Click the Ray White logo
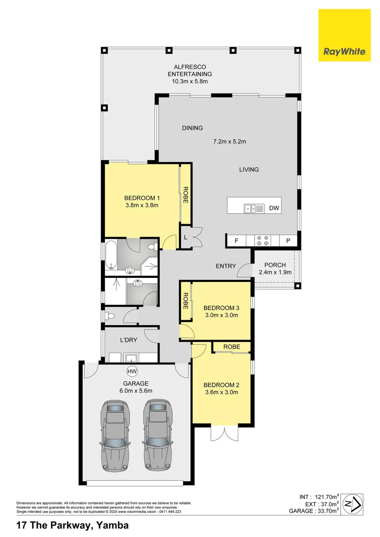point(344,35)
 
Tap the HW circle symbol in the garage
point(132,371)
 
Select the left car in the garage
point(115,436)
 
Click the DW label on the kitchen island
point(274,209)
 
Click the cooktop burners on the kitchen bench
point(262,241)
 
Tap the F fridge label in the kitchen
point(236,241)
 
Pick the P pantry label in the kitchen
point(287,241)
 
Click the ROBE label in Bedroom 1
point(185,194)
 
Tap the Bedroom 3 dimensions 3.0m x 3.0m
point(221,315)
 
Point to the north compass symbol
point(353,503)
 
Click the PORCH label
point(275,265)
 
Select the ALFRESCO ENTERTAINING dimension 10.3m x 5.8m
point(190,82)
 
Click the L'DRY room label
point(128,341)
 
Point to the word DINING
point(192,128)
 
